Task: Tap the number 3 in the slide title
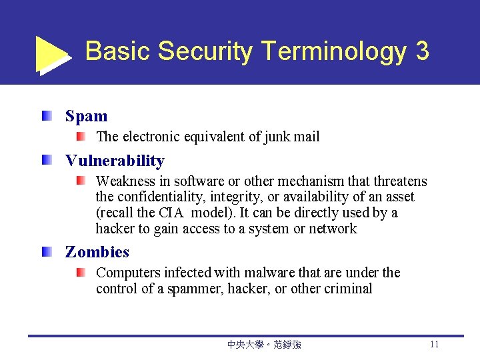421,51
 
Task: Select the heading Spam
86,116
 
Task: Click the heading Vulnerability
115,161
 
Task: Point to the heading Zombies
97,252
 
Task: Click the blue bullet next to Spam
45,117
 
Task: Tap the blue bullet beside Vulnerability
45,161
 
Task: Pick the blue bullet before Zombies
45,252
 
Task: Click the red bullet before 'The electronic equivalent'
80,137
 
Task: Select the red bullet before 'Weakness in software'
80,181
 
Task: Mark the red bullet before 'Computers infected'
80,273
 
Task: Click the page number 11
435,345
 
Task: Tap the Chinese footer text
264,345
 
